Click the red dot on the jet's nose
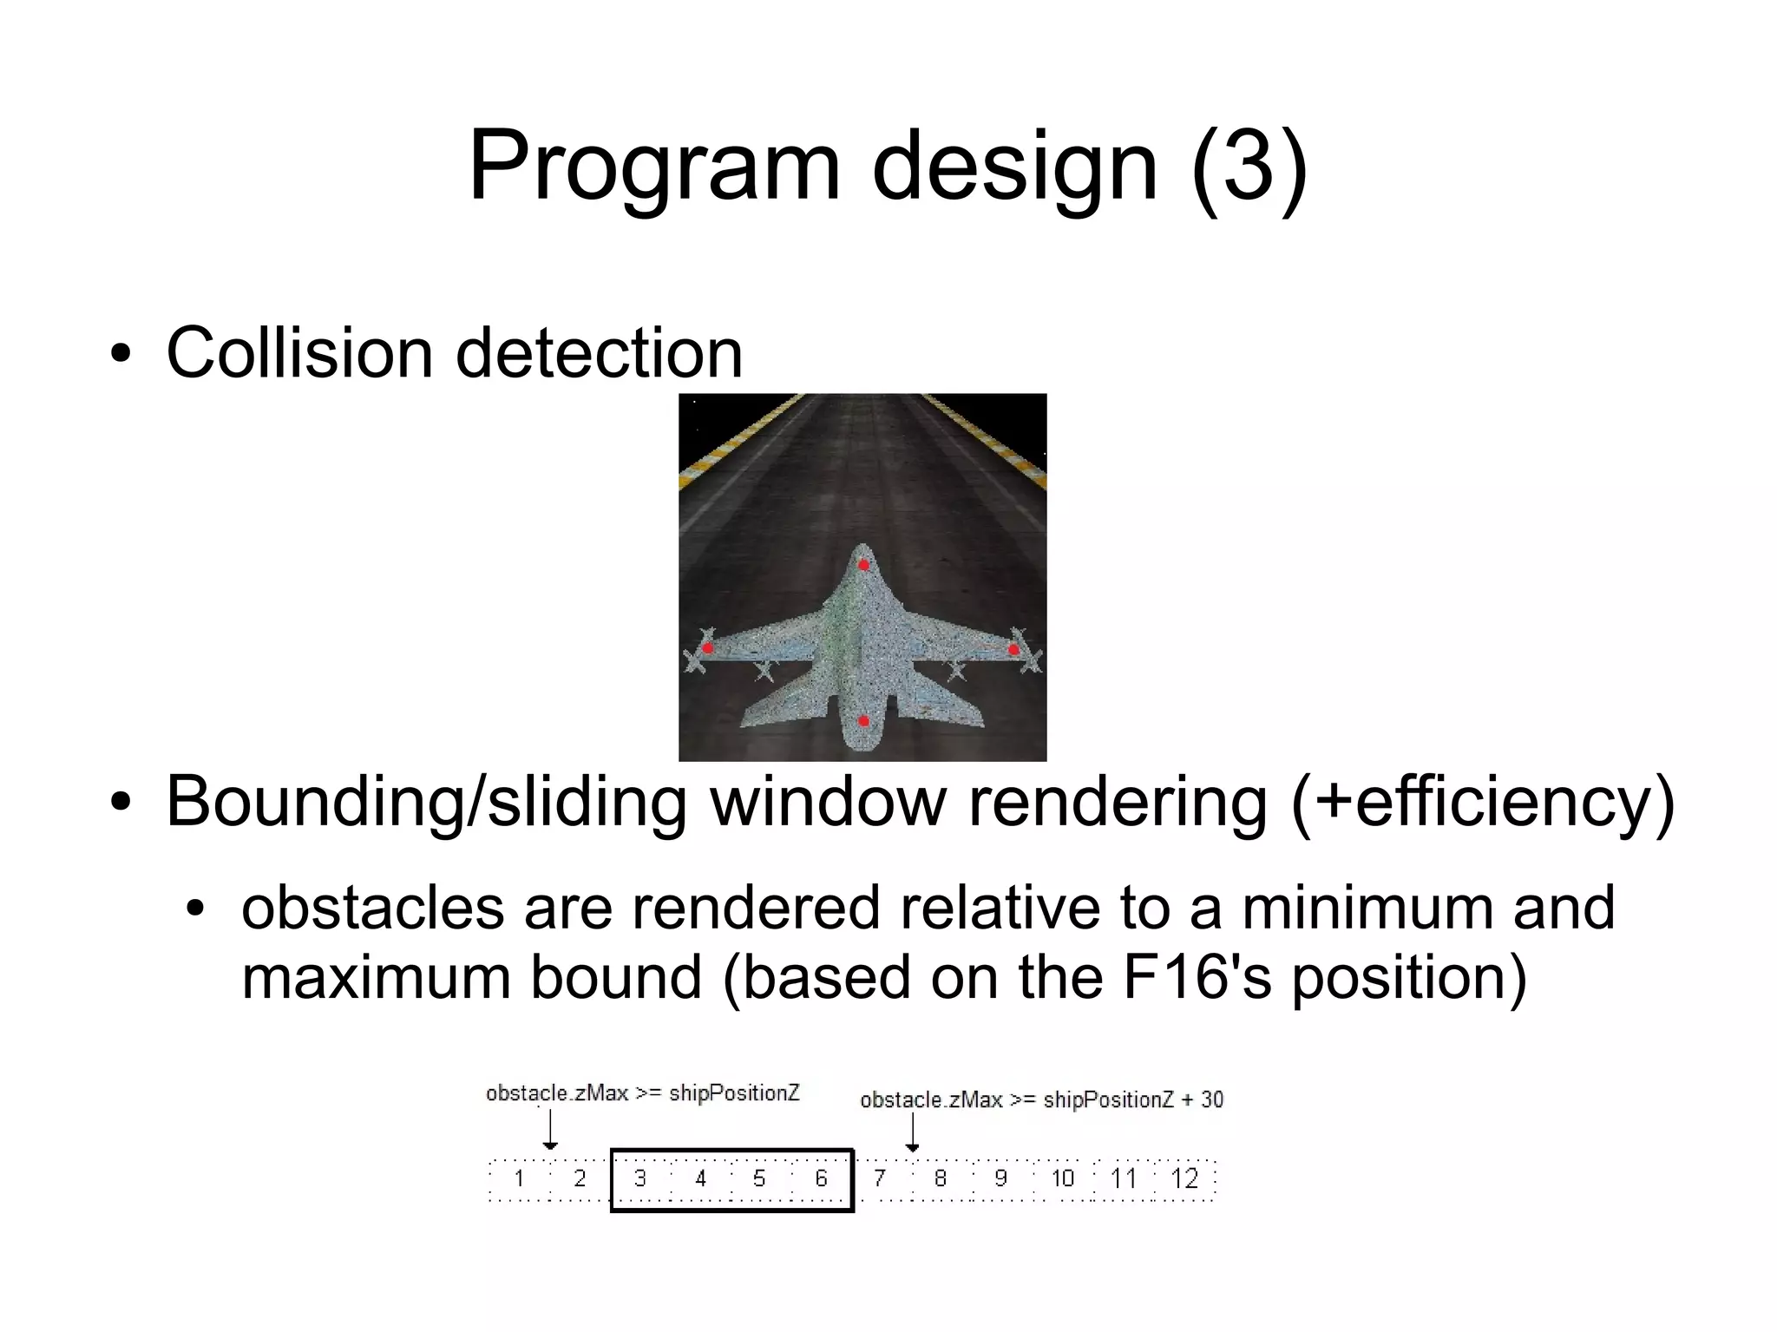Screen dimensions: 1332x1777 (863, 566)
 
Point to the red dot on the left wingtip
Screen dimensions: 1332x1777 (708, 647)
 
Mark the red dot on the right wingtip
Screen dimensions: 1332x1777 (1013, 649)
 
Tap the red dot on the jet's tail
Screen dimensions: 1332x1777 (863, 720)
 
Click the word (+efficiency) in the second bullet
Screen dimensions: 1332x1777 (1482, 802)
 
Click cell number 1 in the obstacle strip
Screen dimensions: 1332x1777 (519, 1178)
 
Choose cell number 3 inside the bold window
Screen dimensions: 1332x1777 (640, 1178)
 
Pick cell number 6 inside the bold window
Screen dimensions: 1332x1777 (821, 1178)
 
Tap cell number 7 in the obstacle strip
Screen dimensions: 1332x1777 (880, 1178)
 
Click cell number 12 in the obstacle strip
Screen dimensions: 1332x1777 (1184, 1178)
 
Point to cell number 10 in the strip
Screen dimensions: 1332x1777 (1062, 1178)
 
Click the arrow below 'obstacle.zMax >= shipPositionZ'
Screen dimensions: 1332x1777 (550, 1131)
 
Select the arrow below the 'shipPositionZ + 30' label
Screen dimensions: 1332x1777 (912, 1133)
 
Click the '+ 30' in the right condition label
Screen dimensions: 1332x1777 (1203, 1100)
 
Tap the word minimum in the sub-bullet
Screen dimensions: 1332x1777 (1367, 909)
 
